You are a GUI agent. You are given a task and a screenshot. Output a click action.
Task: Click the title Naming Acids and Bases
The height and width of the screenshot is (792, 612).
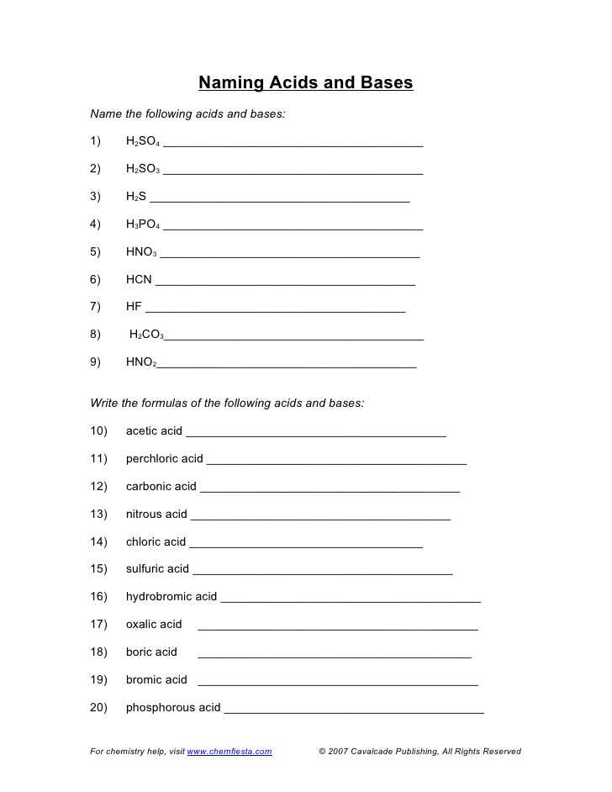click(x=305, y=82)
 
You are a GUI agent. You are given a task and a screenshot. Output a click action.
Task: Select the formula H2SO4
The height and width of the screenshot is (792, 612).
click(x=143, y=141)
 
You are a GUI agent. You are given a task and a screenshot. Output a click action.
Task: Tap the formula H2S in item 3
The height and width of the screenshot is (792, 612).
click(x=136, y=197)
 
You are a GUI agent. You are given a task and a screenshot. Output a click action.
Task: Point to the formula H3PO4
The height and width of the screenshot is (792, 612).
click(x=143, y=224)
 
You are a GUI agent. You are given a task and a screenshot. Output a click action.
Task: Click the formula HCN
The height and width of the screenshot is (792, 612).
click(x=139, y=279)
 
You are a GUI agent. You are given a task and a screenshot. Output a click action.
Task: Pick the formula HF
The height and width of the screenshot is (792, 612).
click(x=134, y=307)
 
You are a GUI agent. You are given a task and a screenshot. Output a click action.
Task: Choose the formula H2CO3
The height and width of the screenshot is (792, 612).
click(x=146, y=335)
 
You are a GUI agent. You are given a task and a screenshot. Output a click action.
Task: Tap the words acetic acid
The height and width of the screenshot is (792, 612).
click(x=154, y=431)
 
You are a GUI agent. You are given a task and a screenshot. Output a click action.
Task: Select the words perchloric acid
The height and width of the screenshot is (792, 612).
click(x=165, y=459)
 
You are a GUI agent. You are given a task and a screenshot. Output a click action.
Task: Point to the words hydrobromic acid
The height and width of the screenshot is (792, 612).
click(x=171, y=597)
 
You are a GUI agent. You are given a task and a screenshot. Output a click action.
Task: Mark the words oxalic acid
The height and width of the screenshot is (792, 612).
click(x=154, y=625)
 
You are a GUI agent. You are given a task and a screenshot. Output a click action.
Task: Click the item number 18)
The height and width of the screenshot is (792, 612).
click(x=99, y=652)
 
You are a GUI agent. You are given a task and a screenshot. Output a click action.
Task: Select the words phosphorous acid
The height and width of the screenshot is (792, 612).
click(x=173, y=708)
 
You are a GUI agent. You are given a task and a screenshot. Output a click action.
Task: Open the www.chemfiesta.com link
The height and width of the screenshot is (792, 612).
click(x=229, y=752)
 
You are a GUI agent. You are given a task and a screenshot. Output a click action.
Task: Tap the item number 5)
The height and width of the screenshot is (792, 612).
click(x=96, y=251)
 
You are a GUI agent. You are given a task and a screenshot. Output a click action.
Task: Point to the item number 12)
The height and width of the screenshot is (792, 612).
click(x=99, y=486)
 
